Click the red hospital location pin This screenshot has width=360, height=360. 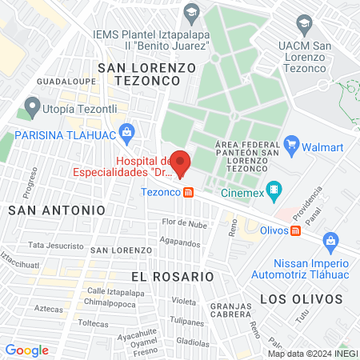(x=180, y=162)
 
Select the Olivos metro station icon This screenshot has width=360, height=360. (x=295, y=231)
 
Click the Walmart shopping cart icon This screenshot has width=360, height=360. (x=292, y=146)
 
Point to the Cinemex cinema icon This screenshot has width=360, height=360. (x=274, y=190)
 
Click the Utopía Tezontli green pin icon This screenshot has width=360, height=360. (x=32, y=105)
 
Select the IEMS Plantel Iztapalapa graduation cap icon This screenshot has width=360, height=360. (x=191, y=12)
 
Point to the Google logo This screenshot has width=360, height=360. (x=26, y=350)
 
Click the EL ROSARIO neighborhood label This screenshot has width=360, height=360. (x=173, y=276)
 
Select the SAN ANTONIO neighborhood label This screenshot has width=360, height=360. (x=56, y=210)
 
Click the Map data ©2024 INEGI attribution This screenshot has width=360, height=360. (x=312, y=354)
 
